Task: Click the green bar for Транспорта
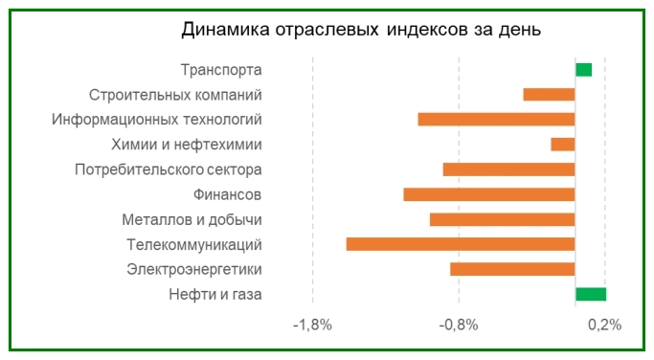583,69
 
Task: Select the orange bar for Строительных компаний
549,94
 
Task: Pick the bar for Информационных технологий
496,119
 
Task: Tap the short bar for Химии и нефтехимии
562,144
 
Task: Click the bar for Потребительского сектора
508,169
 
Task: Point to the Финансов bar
488,194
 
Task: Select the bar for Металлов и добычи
502,219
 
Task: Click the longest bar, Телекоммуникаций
460,244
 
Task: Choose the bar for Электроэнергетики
512,269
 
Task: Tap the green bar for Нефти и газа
591,294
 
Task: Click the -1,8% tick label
312,325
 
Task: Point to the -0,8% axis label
459,325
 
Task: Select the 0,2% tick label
605,325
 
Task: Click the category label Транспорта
221,70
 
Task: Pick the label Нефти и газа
214,294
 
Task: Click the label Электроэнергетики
194,269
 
